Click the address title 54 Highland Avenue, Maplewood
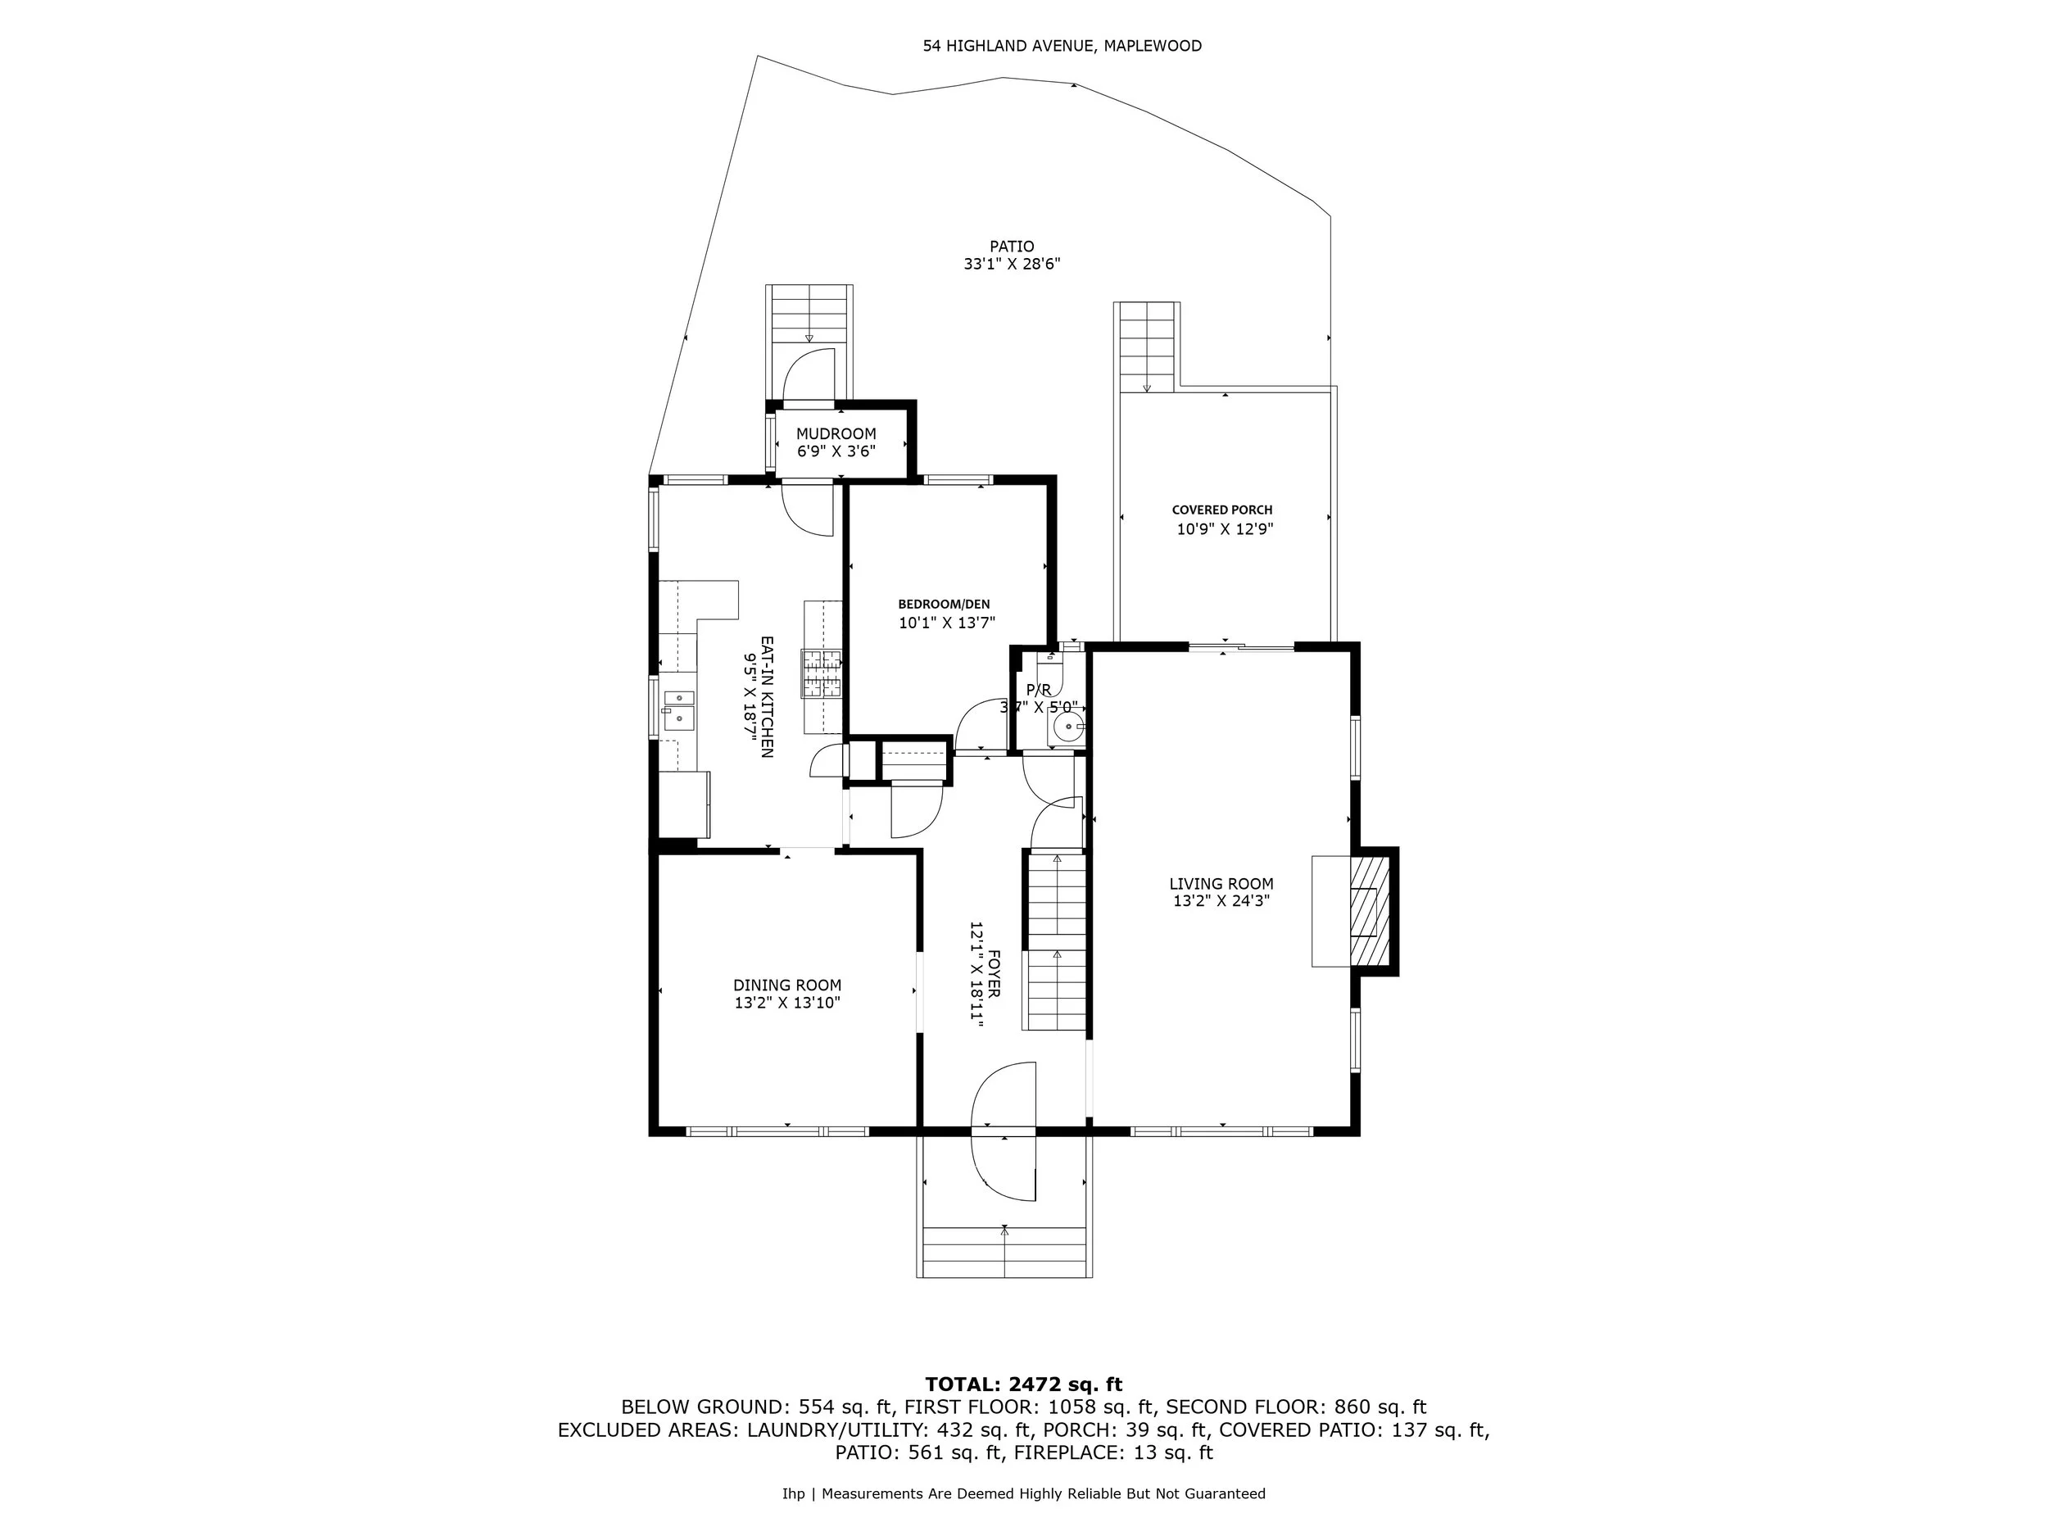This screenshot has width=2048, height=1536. click(1062, 45)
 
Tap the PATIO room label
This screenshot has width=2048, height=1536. click(1011, 247)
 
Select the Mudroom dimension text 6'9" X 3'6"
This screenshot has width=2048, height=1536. click(836, 452)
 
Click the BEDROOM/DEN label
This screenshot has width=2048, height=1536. click(944, 605)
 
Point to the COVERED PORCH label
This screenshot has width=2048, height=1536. click(1222, 510)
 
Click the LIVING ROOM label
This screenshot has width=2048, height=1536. click(1221, 884)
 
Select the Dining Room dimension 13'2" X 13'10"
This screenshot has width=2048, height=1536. click(787, 1003)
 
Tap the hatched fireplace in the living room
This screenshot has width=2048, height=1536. click(1370, 911)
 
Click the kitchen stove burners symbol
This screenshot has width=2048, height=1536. click(822, 673)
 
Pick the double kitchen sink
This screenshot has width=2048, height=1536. click(677, 709)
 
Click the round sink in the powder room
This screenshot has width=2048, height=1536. click(1066, 727)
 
